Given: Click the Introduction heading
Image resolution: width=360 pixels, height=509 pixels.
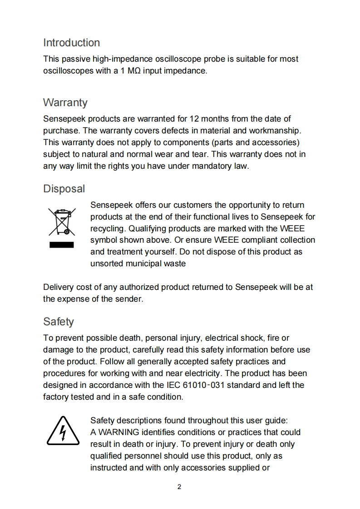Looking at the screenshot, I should [x=71, y=43].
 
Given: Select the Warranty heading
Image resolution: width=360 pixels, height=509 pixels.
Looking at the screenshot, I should [x=65, y=103].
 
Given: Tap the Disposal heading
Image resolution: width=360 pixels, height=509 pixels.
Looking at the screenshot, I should [x=64, y=189].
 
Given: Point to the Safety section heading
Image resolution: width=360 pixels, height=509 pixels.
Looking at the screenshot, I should [x=58, y=322].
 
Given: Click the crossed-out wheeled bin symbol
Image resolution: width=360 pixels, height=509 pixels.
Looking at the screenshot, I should [x=62, y=222].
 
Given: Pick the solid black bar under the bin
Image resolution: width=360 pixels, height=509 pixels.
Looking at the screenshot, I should [x=62, y=246].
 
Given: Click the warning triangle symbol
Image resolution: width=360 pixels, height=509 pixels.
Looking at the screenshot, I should [x=62, y=432].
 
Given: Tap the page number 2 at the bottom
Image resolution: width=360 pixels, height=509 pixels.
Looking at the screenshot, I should [x=179, y=487].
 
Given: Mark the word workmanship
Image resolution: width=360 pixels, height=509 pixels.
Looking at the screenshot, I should [x=277, y=131].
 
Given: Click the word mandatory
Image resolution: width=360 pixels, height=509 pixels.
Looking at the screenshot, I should [x=207, y=166].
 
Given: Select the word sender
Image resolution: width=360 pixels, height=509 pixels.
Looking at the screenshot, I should [x=130, y=299].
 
